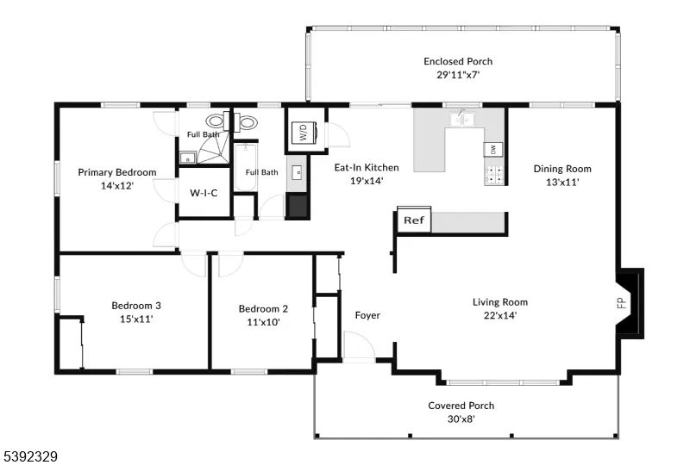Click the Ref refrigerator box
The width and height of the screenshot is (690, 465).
414,219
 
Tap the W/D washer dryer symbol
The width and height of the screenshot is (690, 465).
304,133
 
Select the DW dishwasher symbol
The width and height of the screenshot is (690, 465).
493,150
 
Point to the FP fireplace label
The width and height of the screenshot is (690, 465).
622,303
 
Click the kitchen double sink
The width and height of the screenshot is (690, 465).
462,119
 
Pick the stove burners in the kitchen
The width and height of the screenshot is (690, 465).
494,175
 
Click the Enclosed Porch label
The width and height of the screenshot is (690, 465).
458,61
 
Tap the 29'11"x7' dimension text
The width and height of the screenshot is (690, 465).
458,75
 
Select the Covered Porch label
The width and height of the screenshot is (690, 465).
461,406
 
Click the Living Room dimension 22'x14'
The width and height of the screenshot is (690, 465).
500,315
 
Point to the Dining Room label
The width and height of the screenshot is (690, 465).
562,169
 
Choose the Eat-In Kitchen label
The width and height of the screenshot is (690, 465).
367,167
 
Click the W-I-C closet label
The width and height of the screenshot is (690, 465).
204,193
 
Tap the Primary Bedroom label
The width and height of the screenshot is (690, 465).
117,172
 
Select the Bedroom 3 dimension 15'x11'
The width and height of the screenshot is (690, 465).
136,319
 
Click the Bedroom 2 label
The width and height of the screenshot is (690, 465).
263,309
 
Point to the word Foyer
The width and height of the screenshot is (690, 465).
367,315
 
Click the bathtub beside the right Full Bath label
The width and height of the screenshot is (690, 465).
245,167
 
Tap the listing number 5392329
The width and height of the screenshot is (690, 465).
29,456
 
